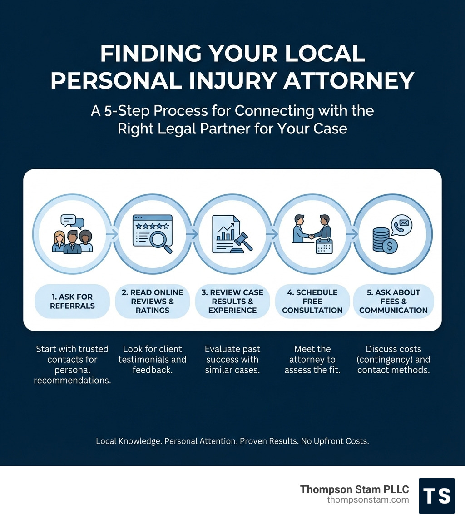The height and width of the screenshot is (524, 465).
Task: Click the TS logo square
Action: [436, 495]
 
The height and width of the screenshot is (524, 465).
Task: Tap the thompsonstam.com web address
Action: [368, 499]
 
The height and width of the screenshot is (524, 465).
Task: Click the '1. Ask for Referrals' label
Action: [72, 301]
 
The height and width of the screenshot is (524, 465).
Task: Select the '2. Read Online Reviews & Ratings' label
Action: [153, 301]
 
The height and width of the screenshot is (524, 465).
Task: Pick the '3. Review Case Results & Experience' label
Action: [232, 301]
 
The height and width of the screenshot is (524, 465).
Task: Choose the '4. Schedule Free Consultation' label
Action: [312, 301]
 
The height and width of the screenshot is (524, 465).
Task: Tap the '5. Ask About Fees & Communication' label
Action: [393, 301]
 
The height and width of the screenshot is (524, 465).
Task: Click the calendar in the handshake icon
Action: [324, 246]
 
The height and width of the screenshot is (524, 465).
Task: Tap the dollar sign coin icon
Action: [390, 246]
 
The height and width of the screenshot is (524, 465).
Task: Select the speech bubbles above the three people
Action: [72, 221]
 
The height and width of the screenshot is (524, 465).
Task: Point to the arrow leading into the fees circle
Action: [352, 234]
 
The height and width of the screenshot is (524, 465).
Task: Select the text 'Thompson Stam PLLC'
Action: [354, 489]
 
